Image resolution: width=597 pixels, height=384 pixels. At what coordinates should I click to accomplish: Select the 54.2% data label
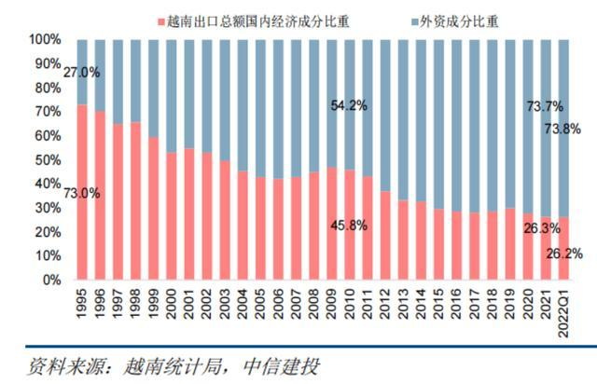click(348, 105)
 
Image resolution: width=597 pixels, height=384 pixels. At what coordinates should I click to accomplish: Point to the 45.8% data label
click(348, 226)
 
